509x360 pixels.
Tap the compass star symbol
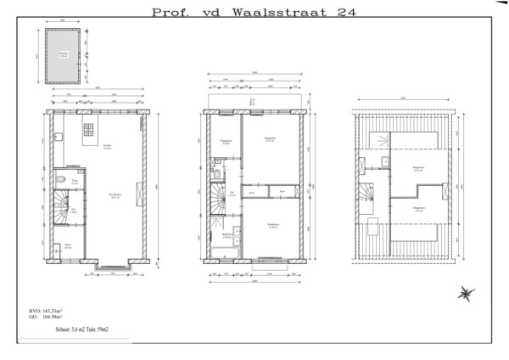466,294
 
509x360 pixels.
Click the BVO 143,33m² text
47,312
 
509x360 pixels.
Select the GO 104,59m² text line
47,320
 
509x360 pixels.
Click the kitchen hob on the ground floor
89,130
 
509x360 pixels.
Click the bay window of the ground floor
113,267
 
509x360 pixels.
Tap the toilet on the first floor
218,175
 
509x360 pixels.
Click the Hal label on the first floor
232,194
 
